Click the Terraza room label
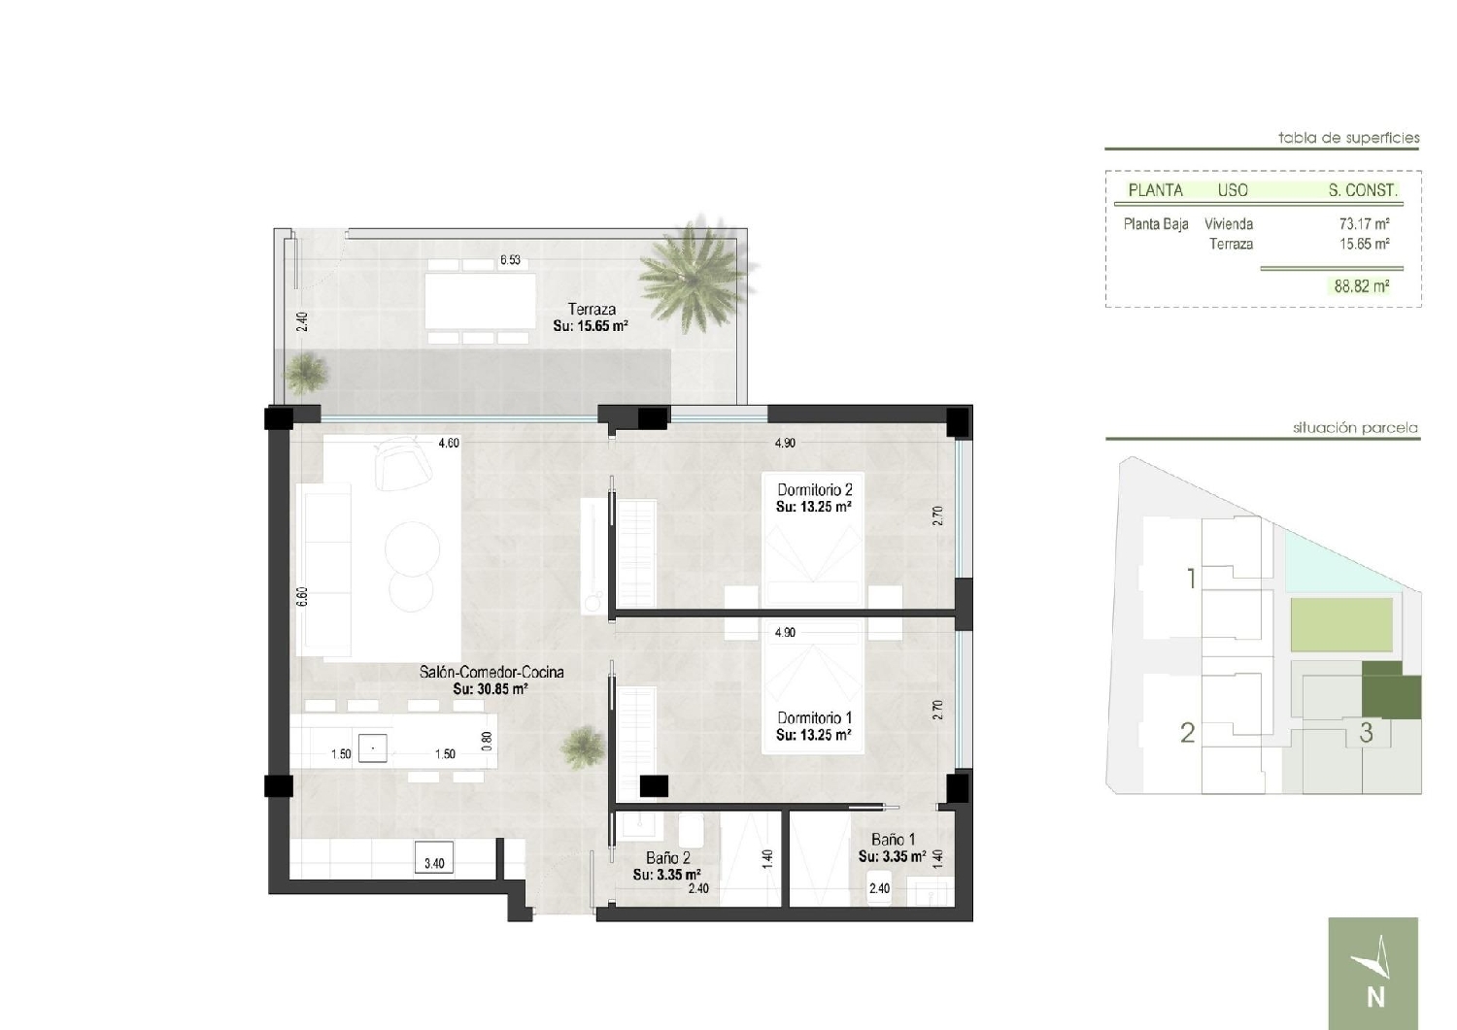(x=592, y=309)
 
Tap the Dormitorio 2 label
(x=814, y=489)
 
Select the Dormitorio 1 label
(x=814, y=717)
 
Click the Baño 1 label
(x=893, y=840)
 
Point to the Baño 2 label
(x=668, y=857)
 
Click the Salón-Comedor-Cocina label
(x=491, y=672)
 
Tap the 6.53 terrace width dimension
(x=510, y=260)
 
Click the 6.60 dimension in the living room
(x=301, y=597)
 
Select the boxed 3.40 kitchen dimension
(x=434, y=863)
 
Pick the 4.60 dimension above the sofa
(x=448, y=443)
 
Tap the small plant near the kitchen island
(x=583, y=748)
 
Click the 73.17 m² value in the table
(x=1364, y=223)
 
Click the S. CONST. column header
(x=1363, y=190)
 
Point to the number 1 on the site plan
(x=1191, y=578)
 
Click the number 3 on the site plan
(x=1366, y=733)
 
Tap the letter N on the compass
(x=1375, y=998)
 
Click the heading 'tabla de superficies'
(x=1348, y=138)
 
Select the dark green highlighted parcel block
(x=1391, y=692)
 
